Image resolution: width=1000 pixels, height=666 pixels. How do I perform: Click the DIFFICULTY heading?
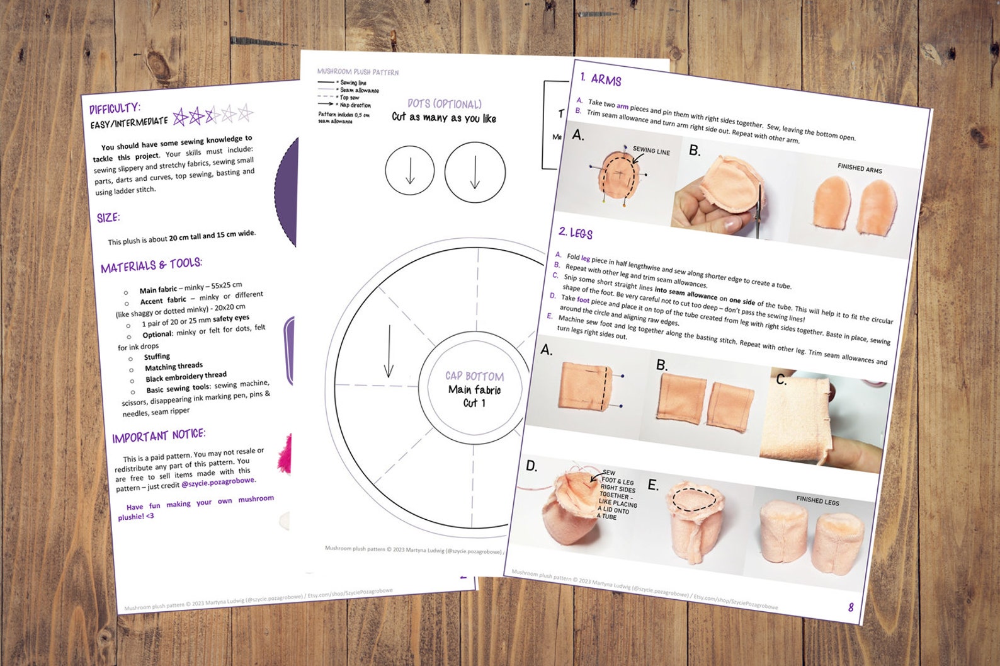click(115, 108)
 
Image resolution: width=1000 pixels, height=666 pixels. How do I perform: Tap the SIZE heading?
click(108, 218)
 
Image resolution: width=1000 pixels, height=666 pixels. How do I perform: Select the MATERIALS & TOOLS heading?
click(151, 265)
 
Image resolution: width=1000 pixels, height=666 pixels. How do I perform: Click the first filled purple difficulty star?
click(181, 117)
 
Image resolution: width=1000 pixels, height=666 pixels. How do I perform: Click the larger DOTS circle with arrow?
click(475, 172)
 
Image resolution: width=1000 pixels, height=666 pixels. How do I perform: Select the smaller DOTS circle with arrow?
click(410, 171)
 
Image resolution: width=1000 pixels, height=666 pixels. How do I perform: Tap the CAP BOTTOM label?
click(474, 376)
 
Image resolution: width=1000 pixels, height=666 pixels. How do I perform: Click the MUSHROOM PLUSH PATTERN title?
click(358, 72)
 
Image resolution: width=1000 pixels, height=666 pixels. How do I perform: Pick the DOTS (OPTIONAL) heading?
click(444, 104)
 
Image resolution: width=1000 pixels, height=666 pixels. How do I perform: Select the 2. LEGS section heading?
click(575, 233)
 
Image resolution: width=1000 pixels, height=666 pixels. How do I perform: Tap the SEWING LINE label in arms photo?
click(651, 151)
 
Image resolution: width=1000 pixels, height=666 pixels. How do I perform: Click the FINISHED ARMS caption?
click(860, 168)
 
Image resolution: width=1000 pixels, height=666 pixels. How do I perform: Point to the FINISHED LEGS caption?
click(817, 500)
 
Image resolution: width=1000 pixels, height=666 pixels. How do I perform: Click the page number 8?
click(850, 607)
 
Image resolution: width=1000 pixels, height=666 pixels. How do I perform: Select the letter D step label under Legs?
click(531, 466)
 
